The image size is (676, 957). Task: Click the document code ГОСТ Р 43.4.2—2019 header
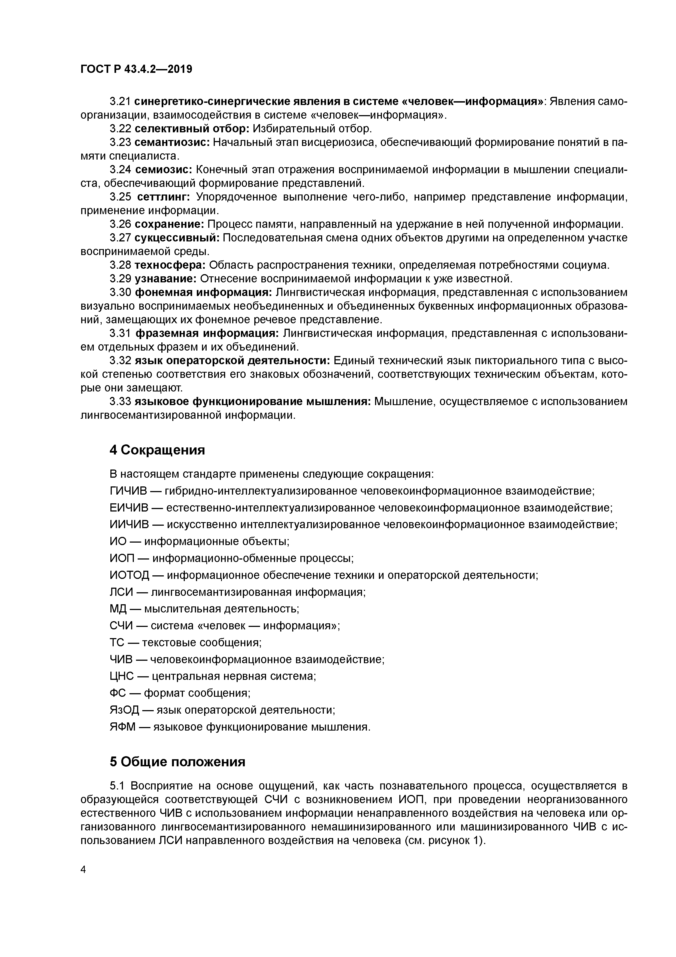[x=136, y=70]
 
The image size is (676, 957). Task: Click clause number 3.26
[x=120, y=224]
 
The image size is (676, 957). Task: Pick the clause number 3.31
[x=120, y=333]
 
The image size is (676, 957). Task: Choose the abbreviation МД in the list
[x=118, y=609]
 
